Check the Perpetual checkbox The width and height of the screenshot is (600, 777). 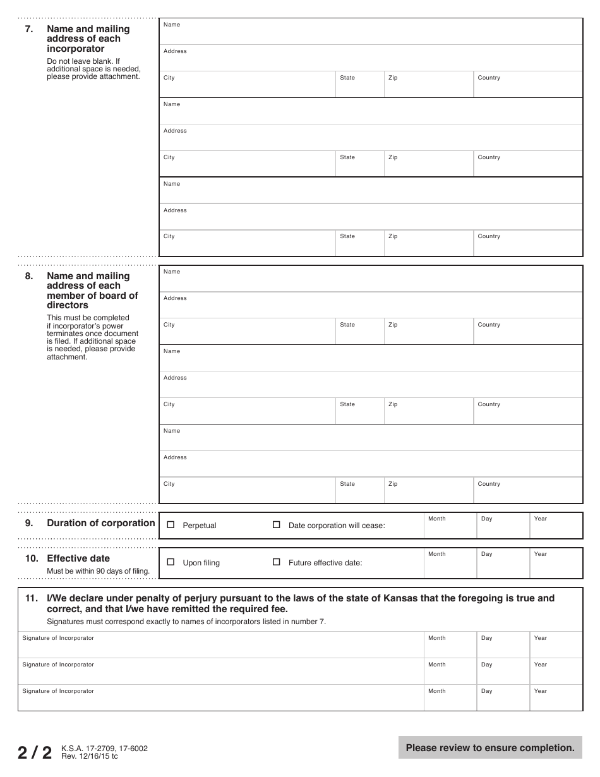click(x=171, y=525)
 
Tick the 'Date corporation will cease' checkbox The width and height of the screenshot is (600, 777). click(x=276, y=525)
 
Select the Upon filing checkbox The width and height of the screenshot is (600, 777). click(x=171, y=562)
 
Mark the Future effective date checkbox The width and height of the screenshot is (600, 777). click(x=276, y=562)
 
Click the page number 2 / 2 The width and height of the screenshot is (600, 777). click(x=35, y=752)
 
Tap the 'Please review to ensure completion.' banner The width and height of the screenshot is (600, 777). click(x=490, y=748)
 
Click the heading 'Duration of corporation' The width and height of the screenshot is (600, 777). click(x=100, y=523)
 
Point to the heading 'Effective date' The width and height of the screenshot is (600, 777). click(x=78, y=558)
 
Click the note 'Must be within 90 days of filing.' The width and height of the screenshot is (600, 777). click(x=98, y=572)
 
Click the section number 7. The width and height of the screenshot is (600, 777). click(x=29, y=29)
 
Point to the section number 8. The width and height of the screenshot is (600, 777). click(x=29, y=276)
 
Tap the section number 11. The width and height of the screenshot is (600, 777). click(x=32, y=598)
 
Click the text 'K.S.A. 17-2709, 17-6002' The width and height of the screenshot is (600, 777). click(x=104, y=749)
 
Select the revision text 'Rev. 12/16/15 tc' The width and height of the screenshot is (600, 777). click(x=89, y=756)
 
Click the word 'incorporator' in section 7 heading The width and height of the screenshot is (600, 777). click(x=76, y=49)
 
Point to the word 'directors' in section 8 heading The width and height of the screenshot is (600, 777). click(x=68, y=305)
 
